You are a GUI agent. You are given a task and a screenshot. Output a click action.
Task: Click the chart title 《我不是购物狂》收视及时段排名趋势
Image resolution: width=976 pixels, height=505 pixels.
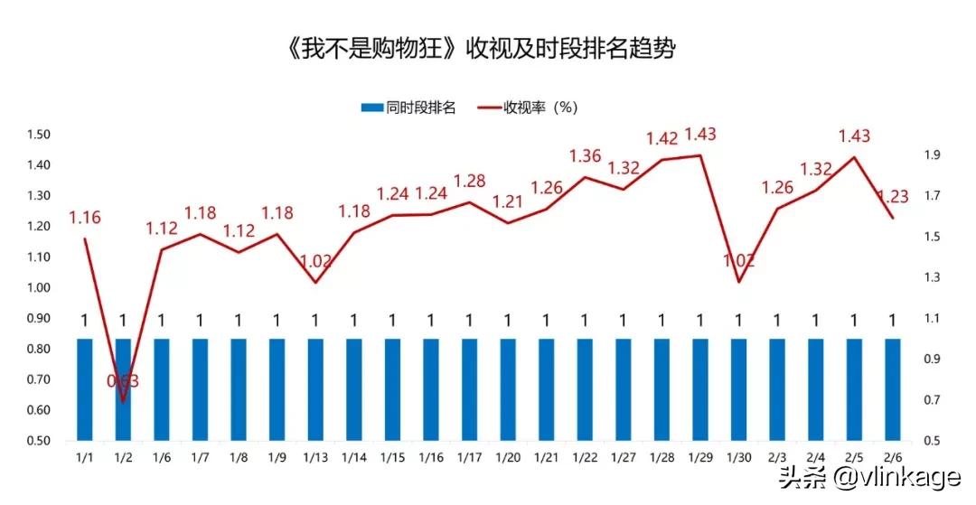(x=480, y=49)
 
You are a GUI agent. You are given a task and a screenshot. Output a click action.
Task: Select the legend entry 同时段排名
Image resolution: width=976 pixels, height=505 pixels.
(x=408, y=108)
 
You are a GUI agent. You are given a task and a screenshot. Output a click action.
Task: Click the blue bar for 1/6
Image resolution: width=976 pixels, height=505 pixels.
(x=162, y=389)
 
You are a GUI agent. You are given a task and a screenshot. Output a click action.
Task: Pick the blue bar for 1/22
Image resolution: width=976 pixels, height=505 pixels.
(x=585, y=389)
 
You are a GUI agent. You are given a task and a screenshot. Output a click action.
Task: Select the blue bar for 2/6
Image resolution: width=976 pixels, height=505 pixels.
(x=893, y=389)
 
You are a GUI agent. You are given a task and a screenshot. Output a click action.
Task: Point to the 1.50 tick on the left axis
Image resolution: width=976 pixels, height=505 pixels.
(x=39, y=135)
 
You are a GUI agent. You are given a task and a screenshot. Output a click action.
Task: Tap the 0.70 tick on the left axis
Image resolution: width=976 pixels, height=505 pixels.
(x=39, y=379)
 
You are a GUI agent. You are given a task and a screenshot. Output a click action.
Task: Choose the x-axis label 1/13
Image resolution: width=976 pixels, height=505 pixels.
(x=315, y=458)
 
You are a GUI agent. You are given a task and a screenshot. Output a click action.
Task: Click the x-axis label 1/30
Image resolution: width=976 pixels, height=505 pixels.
(x=738, y=458)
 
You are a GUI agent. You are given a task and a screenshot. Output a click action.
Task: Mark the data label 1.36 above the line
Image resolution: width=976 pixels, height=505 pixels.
(x=585, y=156)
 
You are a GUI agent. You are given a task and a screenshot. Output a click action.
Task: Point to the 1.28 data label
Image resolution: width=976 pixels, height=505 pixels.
(x=469, y=182)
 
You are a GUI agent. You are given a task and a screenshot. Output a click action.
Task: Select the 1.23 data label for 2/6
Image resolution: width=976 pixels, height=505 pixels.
(x=894, y=196)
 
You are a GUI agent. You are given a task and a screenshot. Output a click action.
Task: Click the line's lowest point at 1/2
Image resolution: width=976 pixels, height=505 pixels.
(x=123, y=400)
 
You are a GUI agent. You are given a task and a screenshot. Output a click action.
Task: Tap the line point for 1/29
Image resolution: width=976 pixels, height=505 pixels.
(x=700, y=155)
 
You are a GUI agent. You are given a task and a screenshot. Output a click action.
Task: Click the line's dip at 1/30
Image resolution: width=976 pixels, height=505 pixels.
(x=738, y=282)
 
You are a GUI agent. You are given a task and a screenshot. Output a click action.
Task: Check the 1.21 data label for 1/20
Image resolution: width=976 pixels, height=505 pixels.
(x=508, y=201)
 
